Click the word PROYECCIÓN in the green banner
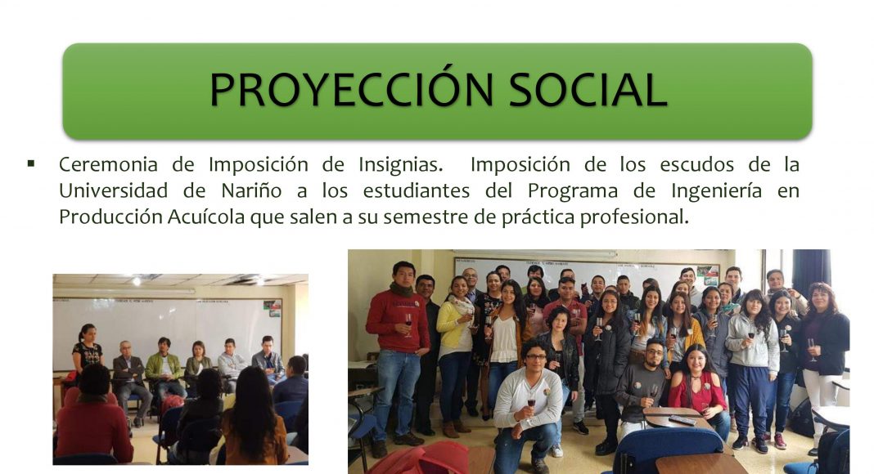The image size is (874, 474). (x=351, y=89)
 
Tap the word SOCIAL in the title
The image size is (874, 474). (x=588, y=90)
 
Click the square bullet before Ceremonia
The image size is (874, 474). (x=31, y=163)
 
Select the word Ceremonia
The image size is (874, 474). (x=108, y=165)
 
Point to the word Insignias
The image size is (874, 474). (x=401, y=166)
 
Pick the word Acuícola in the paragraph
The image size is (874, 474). (x=206, y=217)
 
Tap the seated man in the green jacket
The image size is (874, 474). (x=163, y=370)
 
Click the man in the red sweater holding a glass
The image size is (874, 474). (x=398, y=351)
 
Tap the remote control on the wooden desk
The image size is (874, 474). (x=683, y=420)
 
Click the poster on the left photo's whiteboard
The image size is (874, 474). (x=272, y=308)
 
